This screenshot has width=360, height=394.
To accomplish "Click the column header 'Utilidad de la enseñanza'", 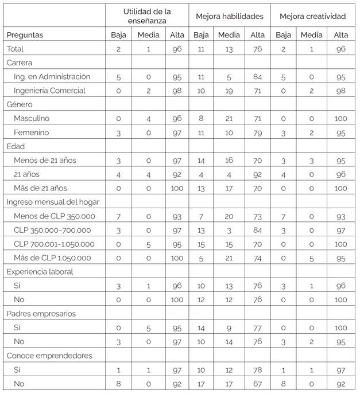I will [x=147, y=15].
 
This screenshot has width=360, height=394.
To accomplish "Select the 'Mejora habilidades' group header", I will [x=230, y=15].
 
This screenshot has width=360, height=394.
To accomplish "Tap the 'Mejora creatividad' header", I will [x=312, y=15].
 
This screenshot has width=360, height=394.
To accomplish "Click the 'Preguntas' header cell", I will [x=25, y=35].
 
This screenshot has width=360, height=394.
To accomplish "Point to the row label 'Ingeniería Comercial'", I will [x=51, y=90].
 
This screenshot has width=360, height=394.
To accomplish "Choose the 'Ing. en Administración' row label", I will [x=53, y=76].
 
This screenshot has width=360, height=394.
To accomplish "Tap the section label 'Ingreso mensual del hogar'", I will [x=51, y=202].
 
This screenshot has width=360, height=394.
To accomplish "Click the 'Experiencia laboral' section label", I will [x=40, y=272].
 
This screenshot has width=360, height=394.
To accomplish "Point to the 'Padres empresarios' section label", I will [x=40, y=314].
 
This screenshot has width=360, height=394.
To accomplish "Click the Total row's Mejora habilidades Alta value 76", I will [x=256, y=49].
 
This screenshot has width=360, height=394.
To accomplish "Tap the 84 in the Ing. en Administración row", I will [x=256, y=76].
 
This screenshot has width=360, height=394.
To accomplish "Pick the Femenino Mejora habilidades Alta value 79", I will [x=256, y=132].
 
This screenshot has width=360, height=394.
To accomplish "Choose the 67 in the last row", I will [x=256, y=384].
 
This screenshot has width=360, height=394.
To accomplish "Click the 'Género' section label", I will [x=20, y=104].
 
